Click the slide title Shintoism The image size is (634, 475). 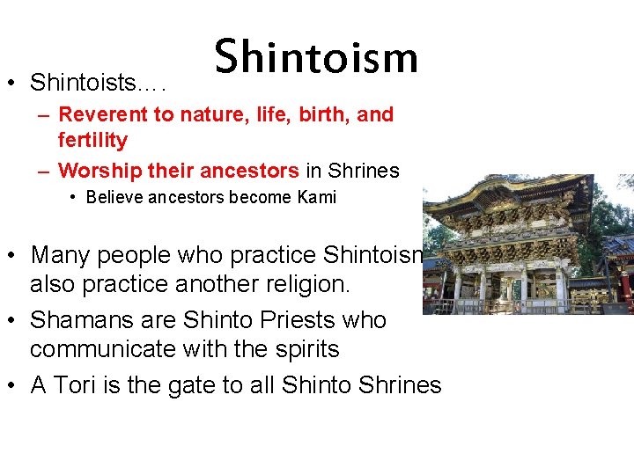(x=316, y=57)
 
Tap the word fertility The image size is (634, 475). (x=92, y=141)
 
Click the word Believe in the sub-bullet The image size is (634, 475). (x=112, y=197)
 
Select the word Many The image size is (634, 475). (x=59, y=255)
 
